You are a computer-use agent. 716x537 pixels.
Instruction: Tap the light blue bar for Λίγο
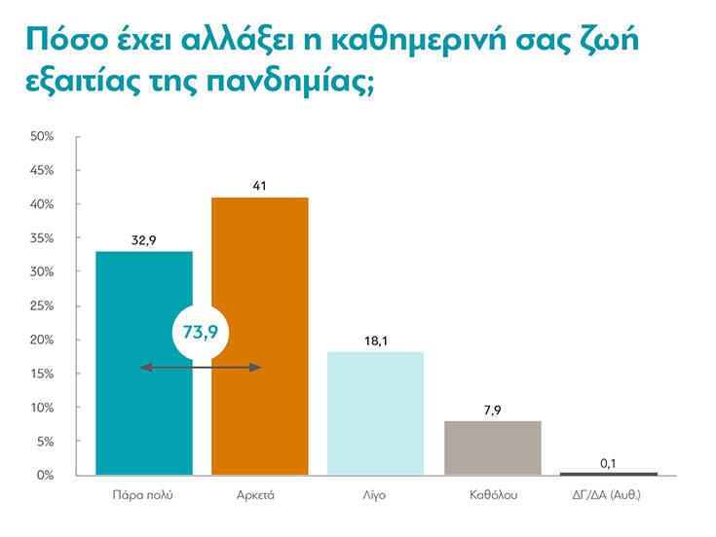click(x=376, y=413)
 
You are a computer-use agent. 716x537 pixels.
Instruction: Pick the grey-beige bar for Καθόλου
click(x=492, y=447)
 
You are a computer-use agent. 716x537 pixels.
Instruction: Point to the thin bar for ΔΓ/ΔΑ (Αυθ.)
click(x=608, y=474)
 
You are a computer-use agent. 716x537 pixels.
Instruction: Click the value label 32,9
click(x=143, y=238)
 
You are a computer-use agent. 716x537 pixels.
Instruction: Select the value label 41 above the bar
click(x=259, y=185)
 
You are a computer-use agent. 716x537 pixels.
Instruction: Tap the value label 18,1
click(x=376, y=340)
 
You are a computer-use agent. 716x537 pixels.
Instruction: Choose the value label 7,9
click(x=492, y=409)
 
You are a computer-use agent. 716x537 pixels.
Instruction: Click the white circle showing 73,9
click(x=201, y=333)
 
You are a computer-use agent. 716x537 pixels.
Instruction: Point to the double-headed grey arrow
click(x=201, y=367)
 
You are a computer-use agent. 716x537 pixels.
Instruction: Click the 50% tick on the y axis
click(x=42, y=136)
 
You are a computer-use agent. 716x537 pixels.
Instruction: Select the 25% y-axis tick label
click(x=42, y=305)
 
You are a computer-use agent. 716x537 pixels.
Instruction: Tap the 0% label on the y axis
click(x=45, y=475)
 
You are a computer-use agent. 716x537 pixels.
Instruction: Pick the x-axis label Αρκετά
click(x=259, y=495)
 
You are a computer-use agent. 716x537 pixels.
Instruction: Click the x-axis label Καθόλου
click(x=492, y=495)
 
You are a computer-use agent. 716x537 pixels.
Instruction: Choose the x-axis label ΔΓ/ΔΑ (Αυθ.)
click(x=608, y=495)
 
